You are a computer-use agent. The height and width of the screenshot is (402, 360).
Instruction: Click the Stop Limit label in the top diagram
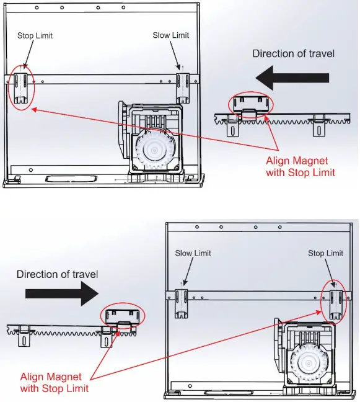35,36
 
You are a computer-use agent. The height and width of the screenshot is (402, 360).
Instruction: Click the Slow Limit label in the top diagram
170,35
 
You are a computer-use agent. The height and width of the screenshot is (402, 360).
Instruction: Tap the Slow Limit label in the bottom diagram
193,253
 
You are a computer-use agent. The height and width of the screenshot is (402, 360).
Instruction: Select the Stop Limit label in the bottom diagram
325,253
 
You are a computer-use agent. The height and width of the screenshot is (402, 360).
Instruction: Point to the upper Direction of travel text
293,53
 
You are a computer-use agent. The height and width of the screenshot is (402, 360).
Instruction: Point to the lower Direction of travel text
57,274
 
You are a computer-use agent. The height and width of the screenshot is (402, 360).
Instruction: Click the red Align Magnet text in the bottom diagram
55,382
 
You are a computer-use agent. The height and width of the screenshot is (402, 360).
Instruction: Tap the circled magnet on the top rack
251,104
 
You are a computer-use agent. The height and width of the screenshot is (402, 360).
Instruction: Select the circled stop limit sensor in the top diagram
21,87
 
